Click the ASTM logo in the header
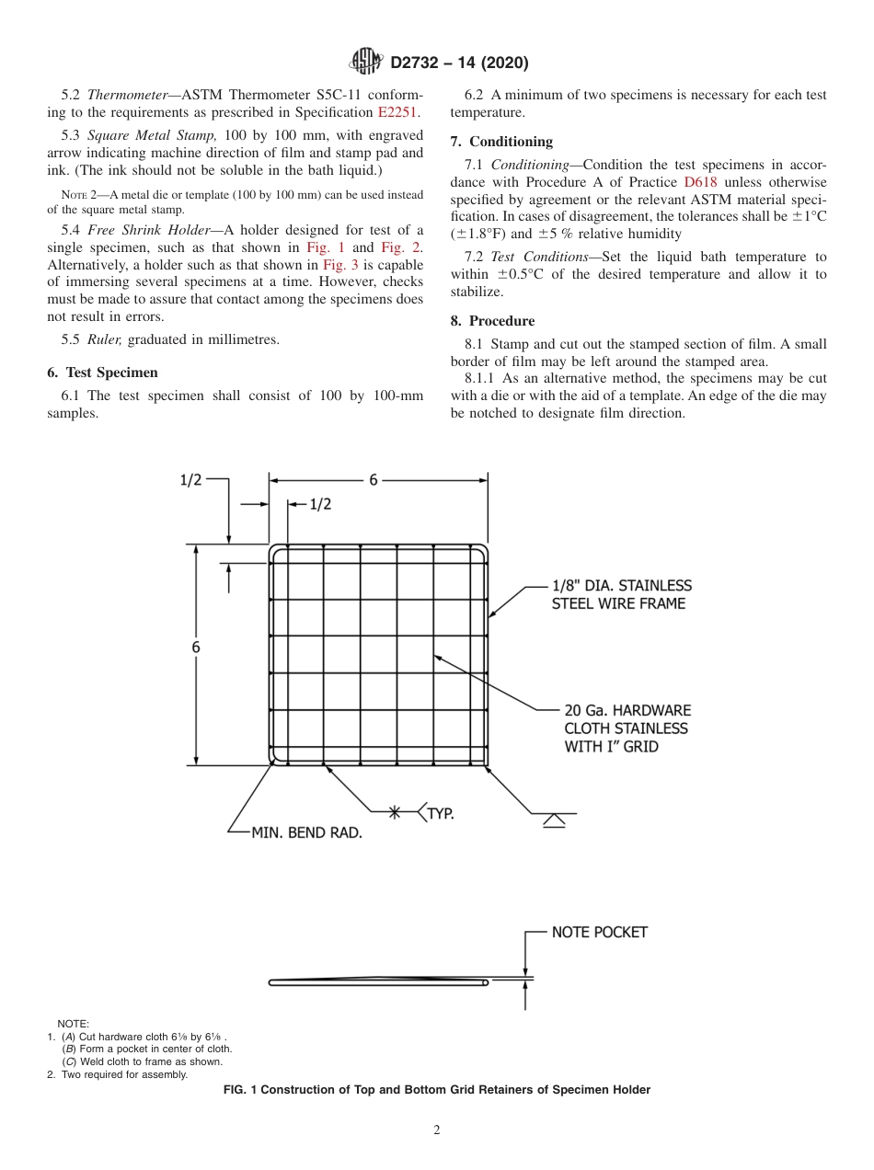click(x=366, y=63)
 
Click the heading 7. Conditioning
click(x=501, y=142)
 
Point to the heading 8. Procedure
click(x=492, y=321)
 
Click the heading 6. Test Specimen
click(x=102, y=373)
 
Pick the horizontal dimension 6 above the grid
click(x=374, y=480)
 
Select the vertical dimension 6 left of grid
click(x=196, y=648)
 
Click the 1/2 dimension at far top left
click(x=190, y=480)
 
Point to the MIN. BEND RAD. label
click(x=306, y=833)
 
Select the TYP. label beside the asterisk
click(x=440, y=813)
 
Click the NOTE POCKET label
click(x=599, y=932)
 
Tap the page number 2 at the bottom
click(x=437, y=1130)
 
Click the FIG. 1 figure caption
click(x=437, y=1090)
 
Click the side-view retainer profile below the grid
click(x=377, y=982)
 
